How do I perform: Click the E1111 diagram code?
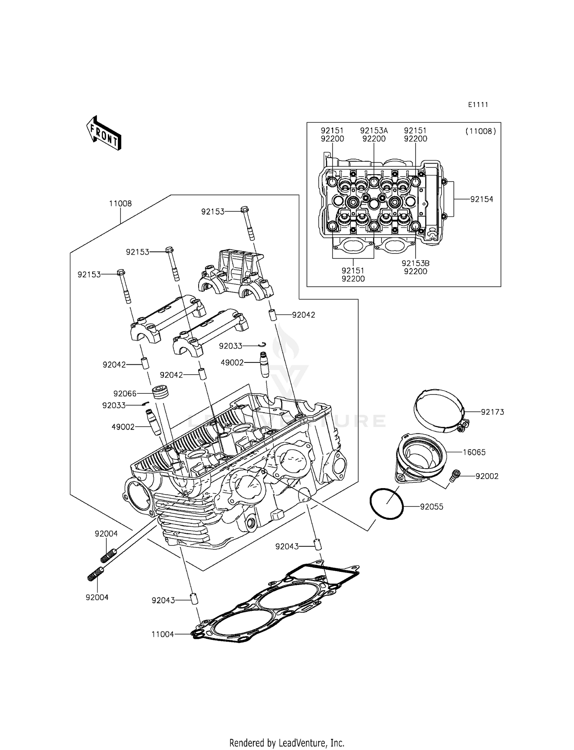(x=478, y=105)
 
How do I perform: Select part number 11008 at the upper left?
(x=120, y=203)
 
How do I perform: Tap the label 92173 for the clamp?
(x=492, y=412)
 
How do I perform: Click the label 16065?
(x=474, y=452)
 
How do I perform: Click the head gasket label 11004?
(x=163, y=634)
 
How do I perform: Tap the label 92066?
(x=125, y=393)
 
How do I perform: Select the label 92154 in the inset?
(x=481, y=199)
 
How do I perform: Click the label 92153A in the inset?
(x=374, y=131)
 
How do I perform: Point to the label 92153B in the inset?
(x=415, y=263)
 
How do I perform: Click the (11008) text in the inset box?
(x=481, y=131)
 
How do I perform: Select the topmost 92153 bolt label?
(x=213, y=211)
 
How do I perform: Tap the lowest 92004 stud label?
(x=97, y=597)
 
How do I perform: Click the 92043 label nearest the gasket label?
(x=163, y=600)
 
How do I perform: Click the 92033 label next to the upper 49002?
(x=230, y=346)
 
